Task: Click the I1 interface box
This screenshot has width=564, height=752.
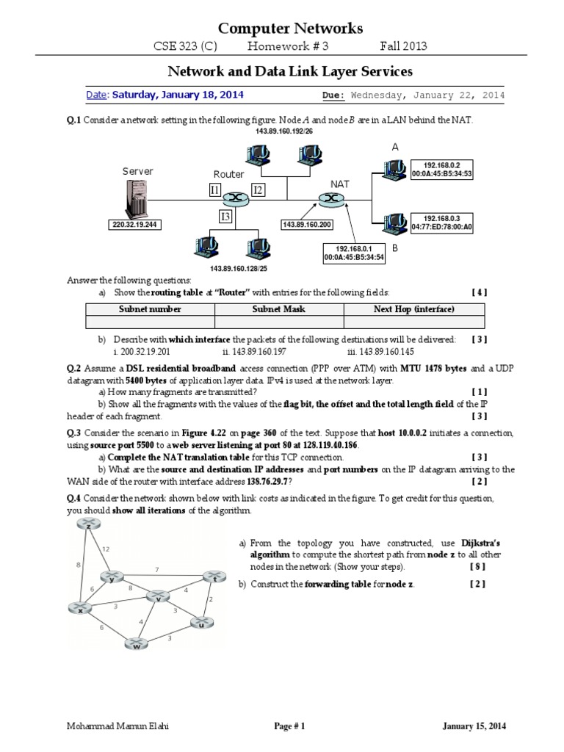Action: (x=215, y=191)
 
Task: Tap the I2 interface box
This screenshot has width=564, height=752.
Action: (x=258, y=191)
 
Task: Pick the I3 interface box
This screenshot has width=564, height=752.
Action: (x=226, y=216)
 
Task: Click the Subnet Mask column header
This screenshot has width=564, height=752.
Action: (x=279, y=309)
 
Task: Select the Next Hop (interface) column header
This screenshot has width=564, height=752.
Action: (x=413, y=309)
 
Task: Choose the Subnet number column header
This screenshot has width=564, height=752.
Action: (x=151, y=309)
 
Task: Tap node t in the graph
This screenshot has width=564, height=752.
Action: (x=213, y=576)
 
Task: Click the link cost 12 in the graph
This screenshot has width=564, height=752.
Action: (x=106, y=549)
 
